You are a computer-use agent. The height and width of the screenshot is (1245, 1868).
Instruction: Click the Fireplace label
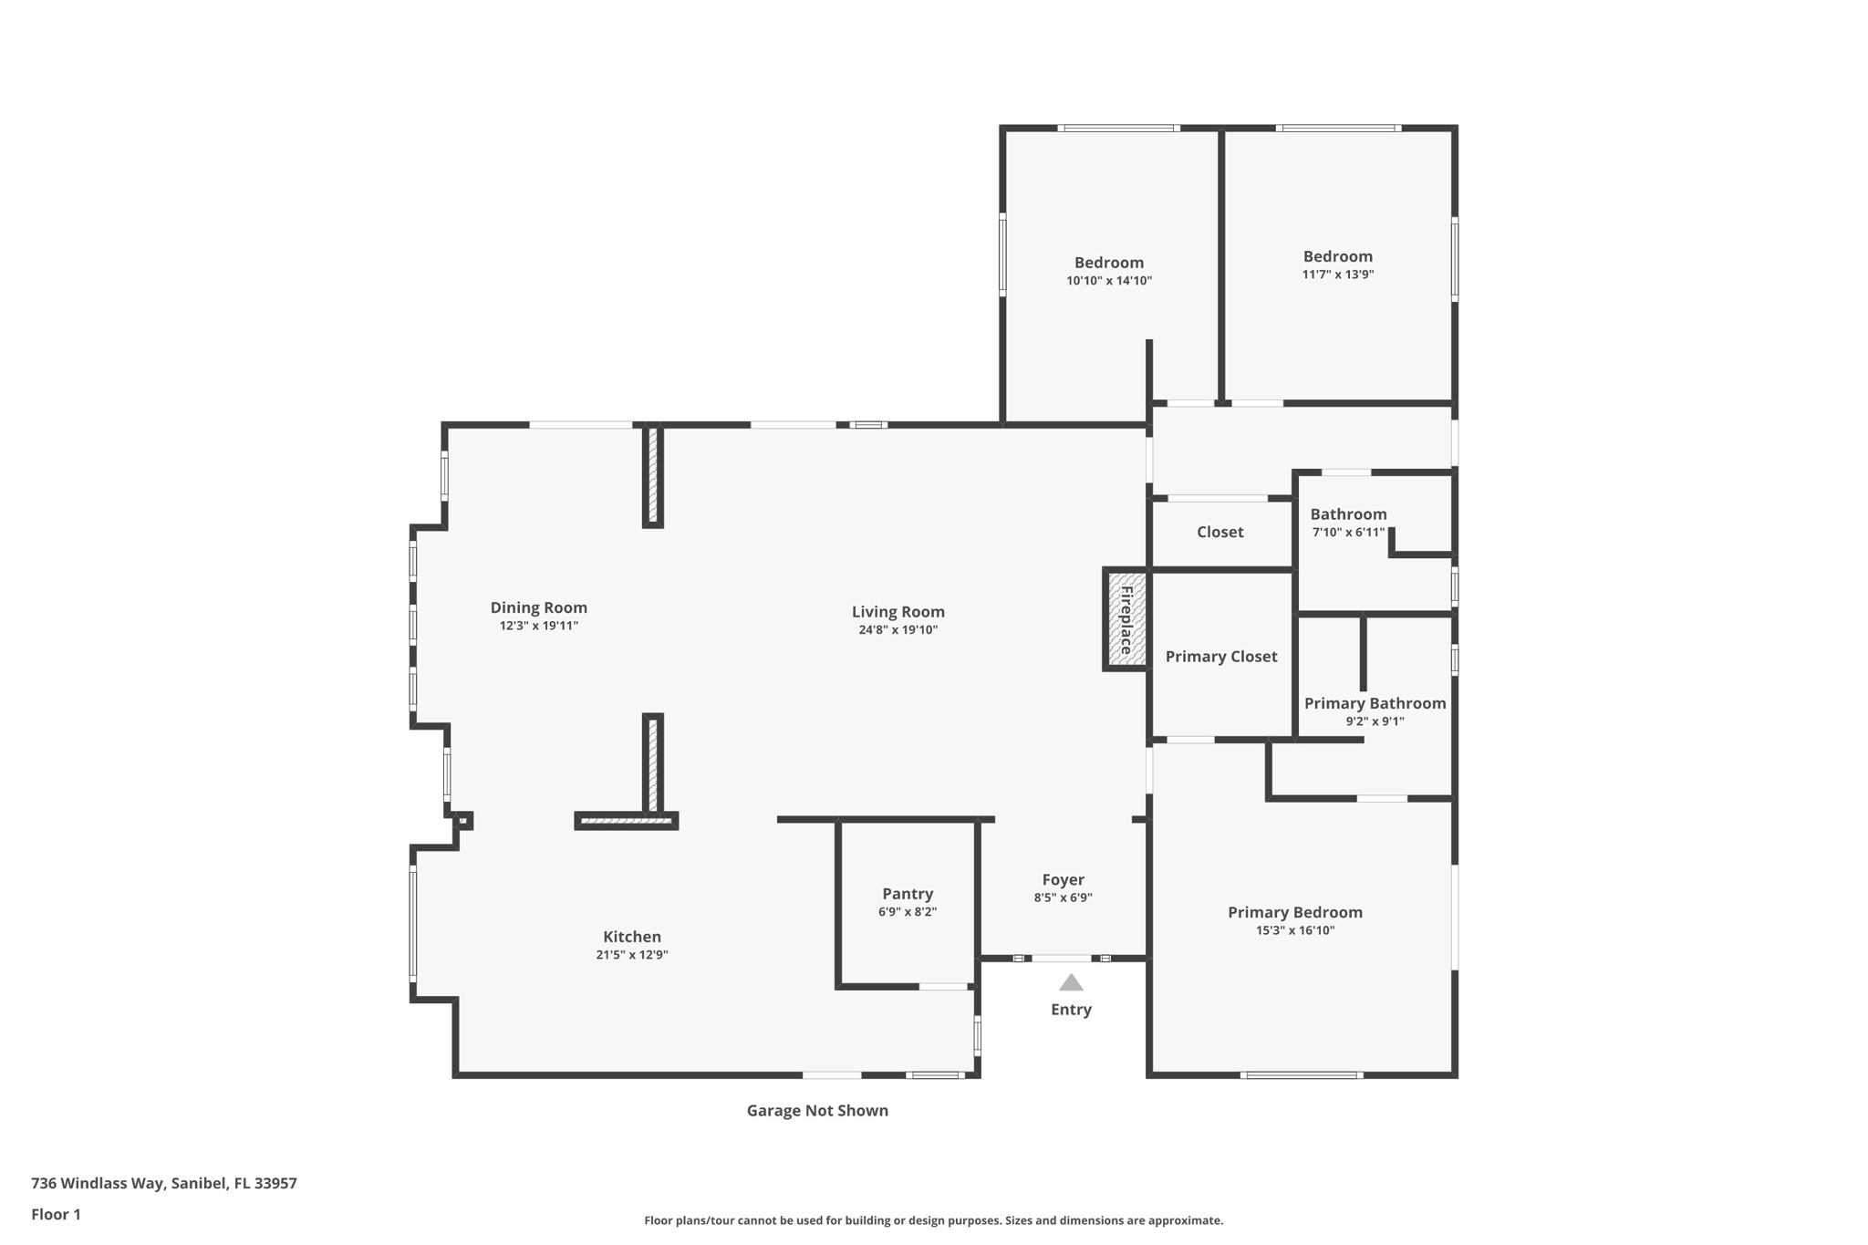(x=1126, y=619)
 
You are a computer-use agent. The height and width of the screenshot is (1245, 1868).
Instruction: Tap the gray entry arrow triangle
(x=1071, y=982)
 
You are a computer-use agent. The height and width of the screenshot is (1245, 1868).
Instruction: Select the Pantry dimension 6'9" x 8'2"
(x=908, y=912)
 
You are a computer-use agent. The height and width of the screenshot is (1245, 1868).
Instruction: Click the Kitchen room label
(x=632, y=937)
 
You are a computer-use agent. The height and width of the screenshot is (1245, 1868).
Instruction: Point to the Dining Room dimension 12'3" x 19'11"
(x=539, y=627)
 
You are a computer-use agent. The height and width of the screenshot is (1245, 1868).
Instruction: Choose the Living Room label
(x=898, y=612)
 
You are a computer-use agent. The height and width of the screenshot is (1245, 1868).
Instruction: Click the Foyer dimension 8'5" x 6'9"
(x=1064, y=897)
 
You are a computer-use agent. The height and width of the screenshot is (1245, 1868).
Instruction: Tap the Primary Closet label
(x=1221, y=657)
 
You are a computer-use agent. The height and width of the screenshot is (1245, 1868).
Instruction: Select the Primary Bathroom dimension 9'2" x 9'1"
(x=1375, y=721)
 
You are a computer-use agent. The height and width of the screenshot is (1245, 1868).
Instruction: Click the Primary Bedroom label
(x=1295, y=912)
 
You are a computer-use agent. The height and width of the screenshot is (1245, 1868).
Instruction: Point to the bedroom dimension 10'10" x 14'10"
(x=1109, y=281)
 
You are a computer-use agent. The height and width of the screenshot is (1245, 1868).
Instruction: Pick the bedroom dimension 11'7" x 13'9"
(x=1338, y=275)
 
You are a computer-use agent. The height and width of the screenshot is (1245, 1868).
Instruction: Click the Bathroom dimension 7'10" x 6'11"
(x=1348, y=533)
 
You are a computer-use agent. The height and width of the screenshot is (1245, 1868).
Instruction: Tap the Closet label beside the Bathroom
(x=1220, y=532)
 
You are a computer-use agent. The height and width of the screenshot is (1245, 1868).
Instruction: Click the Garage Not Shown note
(x=817, y=1110)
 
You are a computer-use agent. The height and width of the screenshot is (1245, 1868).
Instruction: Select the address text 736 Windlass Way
(x=99, y=1183)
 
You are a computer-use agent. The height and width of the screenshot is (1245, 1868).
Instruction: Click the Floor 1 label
(x=56, y=1214)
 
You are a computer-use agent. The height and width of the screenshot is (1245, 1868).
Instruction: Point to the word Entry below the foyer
(x=1071, y=1010)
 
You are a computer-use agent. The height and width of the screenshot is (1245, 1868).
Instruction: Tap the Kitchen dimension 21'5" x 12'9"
(x=632, y=955)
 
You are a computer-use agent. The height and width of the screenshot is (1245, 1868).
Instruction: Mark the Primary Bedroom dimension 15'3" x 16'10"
(x=1295, y=930)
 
